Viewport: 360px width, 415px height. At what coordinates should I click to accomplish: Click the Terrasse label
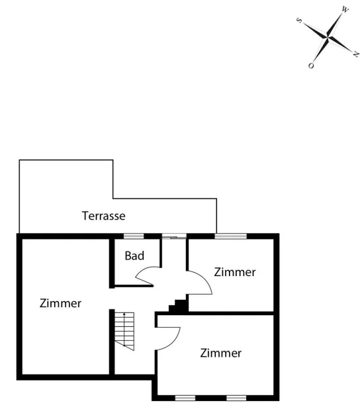(103, 216)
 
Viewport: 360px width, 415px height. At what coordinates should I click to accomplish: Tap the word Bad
(134, 255)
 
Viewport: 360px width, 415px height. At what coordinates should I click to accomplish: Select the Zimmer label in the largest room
(60, 303)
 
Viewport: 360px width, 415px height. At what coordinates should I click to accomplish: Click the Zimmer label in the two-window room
(221, 353)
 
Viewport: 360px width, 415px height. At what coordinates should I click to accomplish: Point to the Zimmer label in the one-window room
(235, 272)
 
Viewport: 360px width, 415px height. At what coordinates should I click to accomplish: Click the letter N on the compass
(356, 54)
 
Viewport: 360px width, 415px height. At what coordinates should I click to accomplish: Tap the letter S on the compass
(299, 21)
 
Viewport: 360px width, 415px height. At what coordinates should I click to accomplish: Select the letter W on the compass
(345, 10)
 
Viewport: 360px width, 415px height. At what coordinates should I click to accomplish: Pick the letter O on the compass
(311, 66)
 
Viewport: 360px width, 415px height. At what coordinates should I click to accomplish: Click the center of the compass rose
(328, 38)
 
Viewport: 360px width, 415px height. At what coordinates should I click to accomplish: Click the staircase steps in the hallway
(124, 332)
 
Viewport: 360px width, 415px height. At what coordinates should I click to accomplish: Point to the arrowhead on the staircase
(124, 314)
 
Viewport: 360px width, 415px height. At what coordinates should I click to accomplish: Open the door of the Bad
(148, 276)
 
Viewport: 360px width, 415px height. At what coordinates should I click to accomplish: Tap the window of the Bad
(134, 236)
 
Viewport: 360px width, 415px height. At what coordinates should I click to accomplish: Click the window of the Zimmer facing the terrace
(230, 236)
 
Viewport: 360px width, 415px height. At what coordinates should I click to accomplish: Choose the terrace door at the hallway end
(174, 236)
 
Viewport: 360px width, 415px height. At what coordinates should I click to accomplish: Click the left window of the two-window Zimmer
(185, 398)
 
